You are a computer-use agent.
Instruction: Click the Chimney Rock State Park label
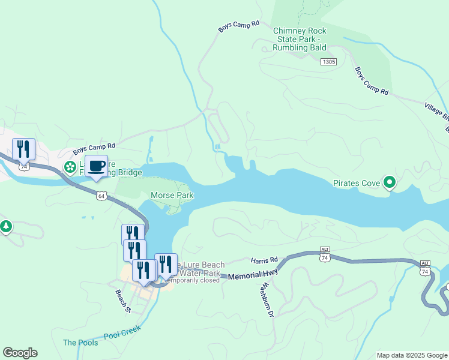(300, 39)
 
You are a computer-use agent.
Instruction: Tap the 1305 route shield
(328, 62)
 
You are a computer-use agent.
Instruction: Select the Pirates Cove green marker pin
(390, 182)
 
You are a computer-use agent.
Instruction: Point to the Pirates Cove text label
(357, 183)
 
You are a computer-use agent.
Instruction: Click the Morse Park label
(172, 195)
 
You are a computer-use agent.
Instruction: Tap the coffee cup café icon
(96, 166)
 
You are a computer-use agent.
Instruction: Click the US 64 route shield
(101, 196)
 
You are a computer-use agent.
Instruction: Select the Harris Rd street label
(265, 260)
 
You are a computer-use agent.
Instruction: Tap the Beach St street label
(123, 302)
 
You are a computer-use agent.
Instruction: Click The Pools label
(79, 343)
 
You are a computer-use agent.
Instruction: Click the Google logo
(20, 353)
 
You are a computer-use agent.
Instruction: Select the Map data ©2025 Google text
(411, 355)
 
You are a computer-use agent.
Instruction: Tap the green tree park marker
(6, 226)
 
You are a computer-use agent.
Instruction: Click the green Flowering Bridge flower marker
(70, 166)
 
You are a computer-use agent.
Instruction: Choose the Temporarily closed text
(192, 280)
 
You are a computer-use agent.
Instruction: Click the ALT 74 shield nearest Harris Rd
(325, 255)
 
